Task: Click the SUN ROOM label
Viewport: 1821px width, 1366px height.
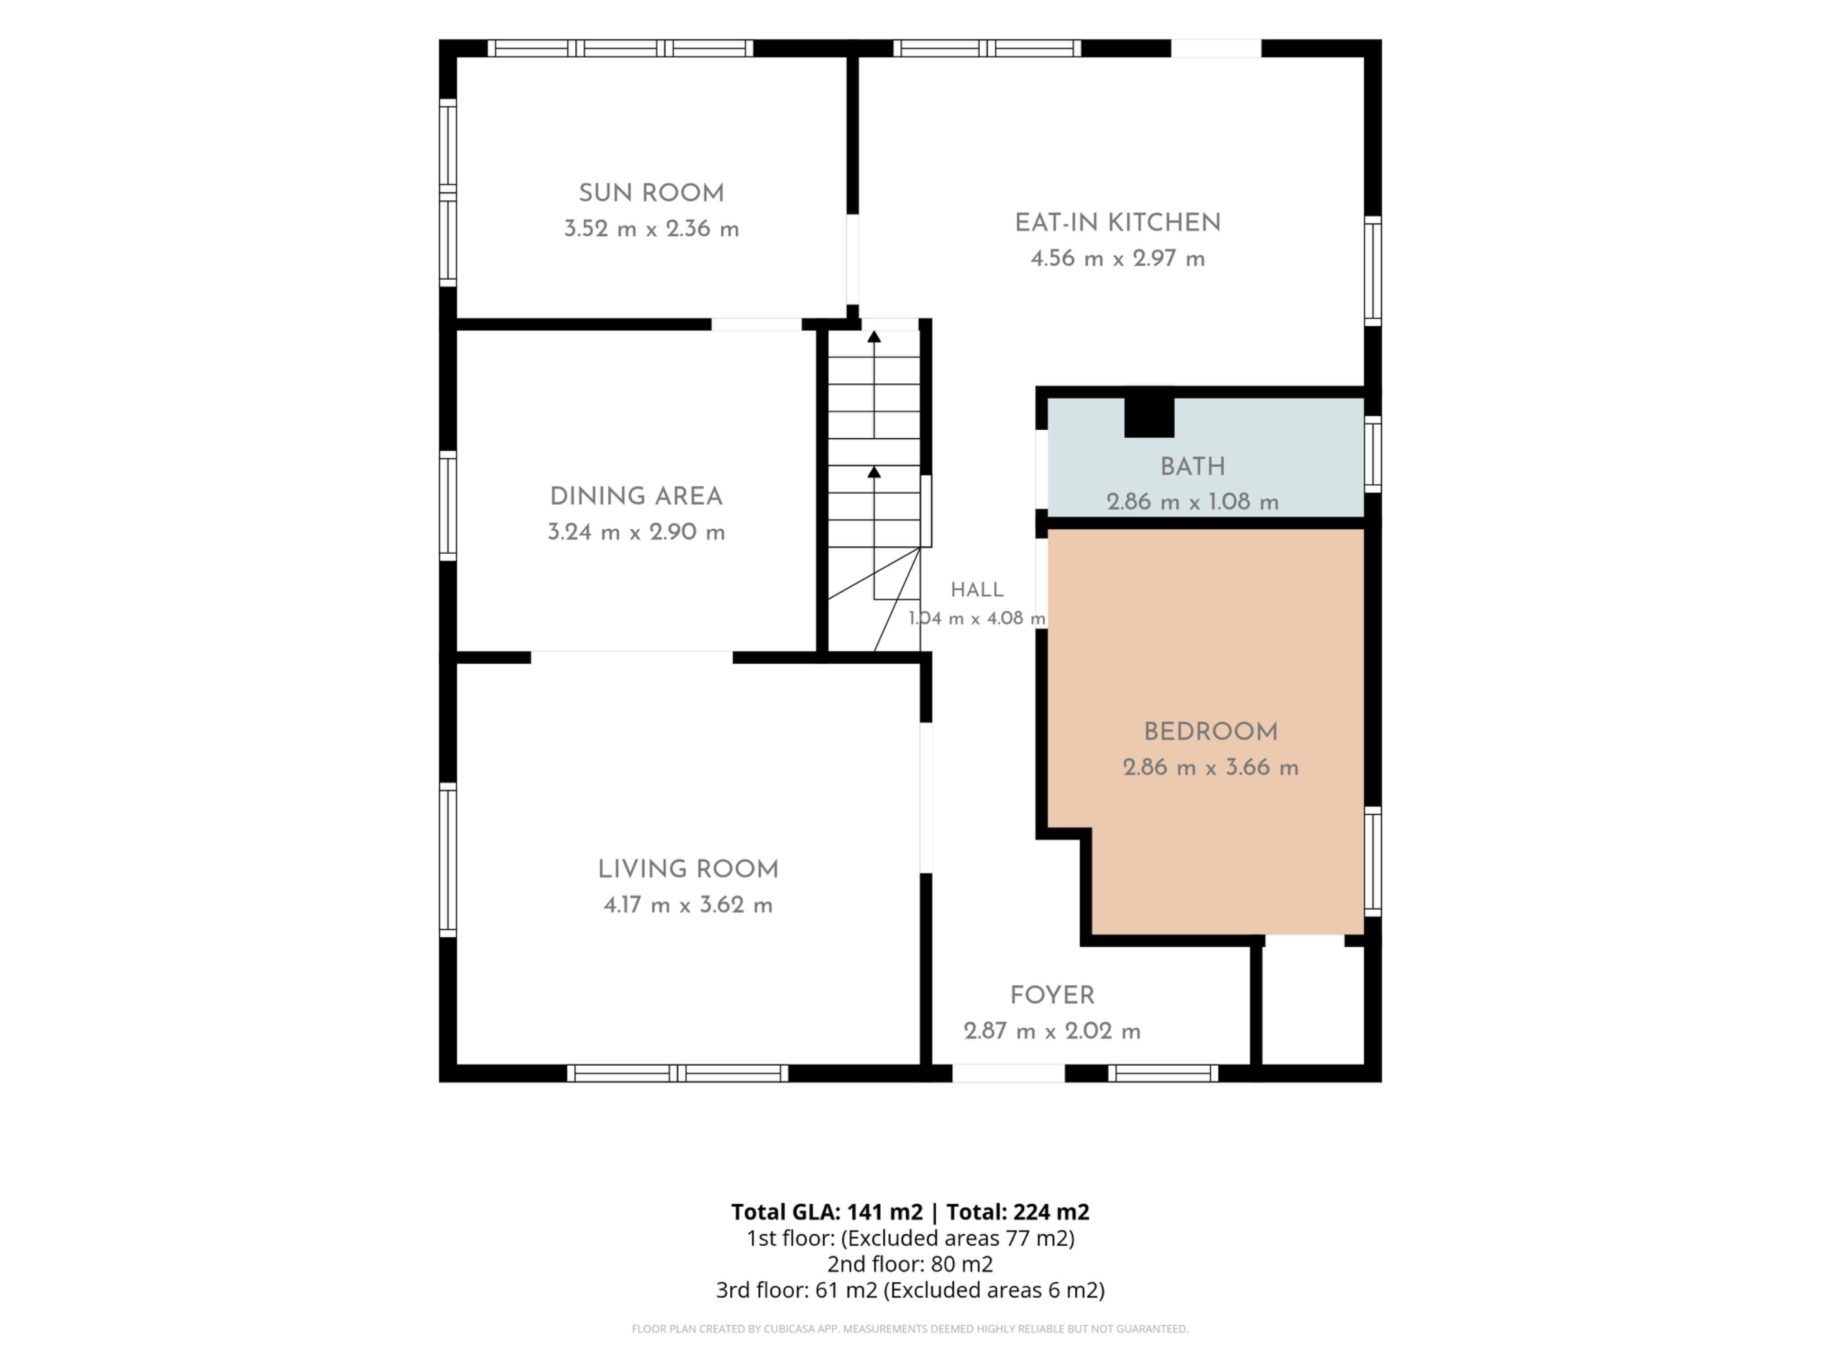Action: (x=651, y=194)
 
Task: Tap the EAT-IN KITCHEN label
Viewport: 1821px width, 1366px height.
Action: (x=1117, y=223)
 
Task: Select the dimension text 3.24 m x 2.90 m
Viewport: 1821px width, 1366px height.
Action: (x=636, y=532)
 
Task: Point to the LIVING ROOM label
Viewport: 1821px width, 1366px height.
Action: (x=688, y=869)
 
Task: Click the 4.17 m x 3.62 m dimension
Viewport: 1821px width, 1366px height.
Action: (x=688, y=905)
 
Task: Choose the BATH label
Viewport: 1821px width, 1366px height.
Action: (x=1193, y=467)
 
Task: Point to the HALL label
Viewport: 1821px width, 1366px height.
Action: (x=977, y=590)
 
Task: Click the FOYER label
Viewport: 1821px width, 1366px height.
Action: (x=1052, y=996)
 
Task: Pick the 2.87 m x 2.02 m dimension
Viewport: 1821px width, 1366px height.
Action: (x=1052, y=1031)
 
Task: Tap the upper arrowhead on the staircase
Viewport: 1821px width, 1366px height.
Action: (x=874, y=337)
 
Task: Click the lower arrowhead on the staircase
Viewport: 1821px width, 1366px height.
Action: (x=874, y=472)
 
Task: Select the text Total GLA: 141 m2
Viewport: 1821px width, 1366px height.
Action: (x=827, y=1212)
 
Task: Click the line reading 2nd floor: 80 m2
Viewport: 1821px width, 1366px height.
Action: (x=910, y=1264)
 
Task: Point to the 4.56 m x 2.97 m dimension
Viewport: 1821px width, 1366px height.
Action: (x=1118, y=258)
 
